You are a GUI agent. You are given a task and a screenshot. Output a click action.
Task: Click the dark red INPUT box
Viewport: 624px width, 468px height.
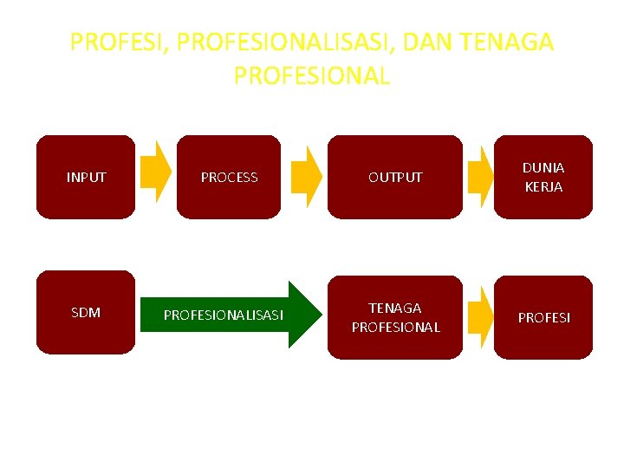[x=86, y=177]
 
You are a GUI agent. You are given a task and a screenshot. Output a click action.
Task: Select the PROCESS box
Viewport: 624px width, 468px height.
[x=229, y=177]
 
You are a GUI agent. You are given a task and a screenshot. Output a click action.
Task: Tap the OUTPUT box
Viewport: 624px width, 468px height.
[x=395, y=177]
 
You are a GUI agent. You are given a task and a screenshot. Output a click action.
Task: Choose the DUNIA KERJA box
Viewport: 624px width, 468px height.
[x=543, y=177]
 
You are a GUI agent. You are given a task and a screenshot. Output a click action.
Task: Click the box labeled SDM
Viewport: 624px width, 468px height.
[x=86, y=313]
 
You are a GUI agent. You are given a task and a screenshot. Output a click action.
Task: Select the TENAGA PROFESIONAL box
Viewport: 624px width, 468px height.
[x=395, y=317]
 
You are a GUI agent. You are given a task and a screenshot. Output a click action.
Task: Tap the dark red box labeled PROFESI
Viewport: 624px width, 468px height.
[x=543, y=317]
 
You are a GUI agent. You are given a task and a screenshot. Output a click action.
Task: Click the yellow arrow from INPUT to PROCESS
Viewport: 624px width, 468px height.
[x=156, y=171]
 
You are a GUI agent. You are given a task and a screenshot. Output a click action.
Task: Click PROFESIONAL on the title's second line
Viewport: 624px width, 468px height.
[x=312, y=75]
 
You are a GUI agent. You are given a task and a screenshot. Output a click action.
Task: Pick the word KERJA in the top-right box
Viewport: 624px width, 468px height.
[x=543, y=186]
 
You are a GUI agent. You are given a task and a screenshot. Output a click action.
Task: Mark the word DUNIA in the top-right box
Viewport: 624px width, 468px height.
[x=543, y=167]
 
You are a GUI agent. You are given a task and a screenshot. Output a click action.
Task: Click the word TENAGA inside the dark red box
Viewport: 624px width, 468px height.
[x=395, y=308]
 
